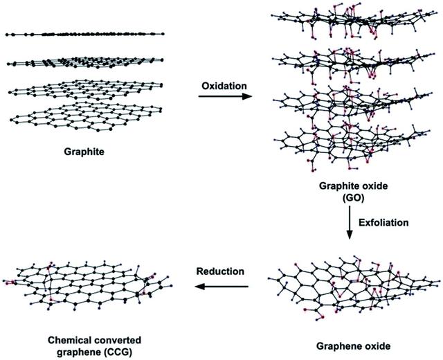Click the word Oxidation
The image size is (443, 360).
pyautogui.click(x=224, y=86)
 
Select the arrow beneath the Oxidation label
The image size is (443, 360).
pyautogui.click(x=225, y=97)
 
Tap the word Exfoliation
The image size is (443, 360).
pyautogui.click(x=383, y=223)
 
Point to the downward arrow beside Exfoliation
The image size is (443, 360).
pyautogui.click(x=350, y=222)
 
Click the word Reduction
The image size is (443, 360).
pyautogui.click(x=220, y=271)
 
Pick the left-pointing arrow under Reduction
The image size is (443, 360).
pyautogui.click(x=221, y=287)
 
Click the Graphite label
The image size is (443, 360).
pyautogui.click(x=84, y=152)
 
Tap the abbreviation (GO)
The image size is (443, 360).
pyautogui.click(x=353, y=199)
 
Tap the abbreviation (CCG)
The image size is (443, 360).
pyautogui.click(x=118, y=352)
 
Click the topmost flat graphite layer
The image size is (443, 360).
pyautogui.click(x=84, y=34)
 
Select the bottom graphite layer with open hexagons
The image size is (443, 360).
pyautogui.click(x=86, y=117)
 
